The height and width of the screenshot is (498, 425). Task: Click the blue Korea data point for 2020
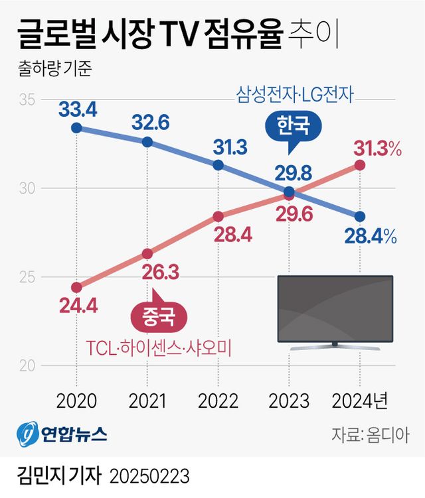(76, 127)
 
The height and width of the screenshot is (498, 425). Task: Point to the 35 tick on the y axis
(27, 100)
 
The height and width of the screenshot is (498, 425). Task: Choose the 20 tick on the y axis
(27, 365)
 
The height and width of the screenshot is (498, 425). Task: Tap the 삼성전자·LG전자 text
(294, 94)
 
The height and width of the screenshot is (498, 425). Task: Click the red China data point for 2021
(147, 253)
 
